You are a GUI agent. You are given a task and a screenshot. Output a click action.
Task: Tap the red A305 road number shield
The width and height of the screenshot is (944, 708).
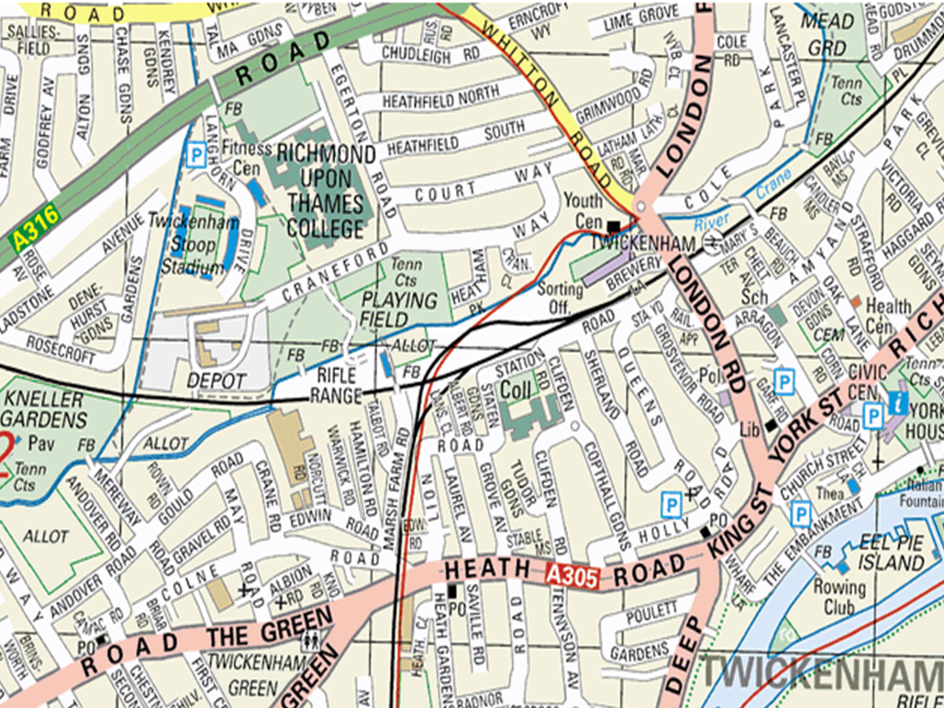(572, 577)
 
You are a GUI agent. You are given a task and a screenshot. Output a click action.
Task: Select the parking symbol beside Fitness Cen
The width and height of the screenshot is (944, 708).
(195, 156)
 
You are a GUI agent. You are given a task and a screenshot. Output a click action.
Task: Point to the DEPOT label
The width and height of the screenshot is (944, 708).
(217, 380)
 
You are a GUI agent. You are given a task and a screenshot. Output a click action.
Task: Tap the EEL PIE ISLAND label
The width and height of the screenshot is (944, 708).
(898, 551)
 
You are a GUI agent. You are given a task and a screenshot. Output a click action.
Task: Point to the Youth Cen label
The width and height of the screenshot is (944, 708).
(583, 209)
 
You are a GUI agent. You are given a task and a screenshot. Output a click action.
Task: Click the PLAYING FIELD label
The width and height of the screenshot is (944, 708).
(399, 309)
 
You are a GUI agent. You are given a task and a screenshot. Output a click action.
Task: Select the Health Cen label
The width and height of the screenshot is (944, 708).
(888, 315)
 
